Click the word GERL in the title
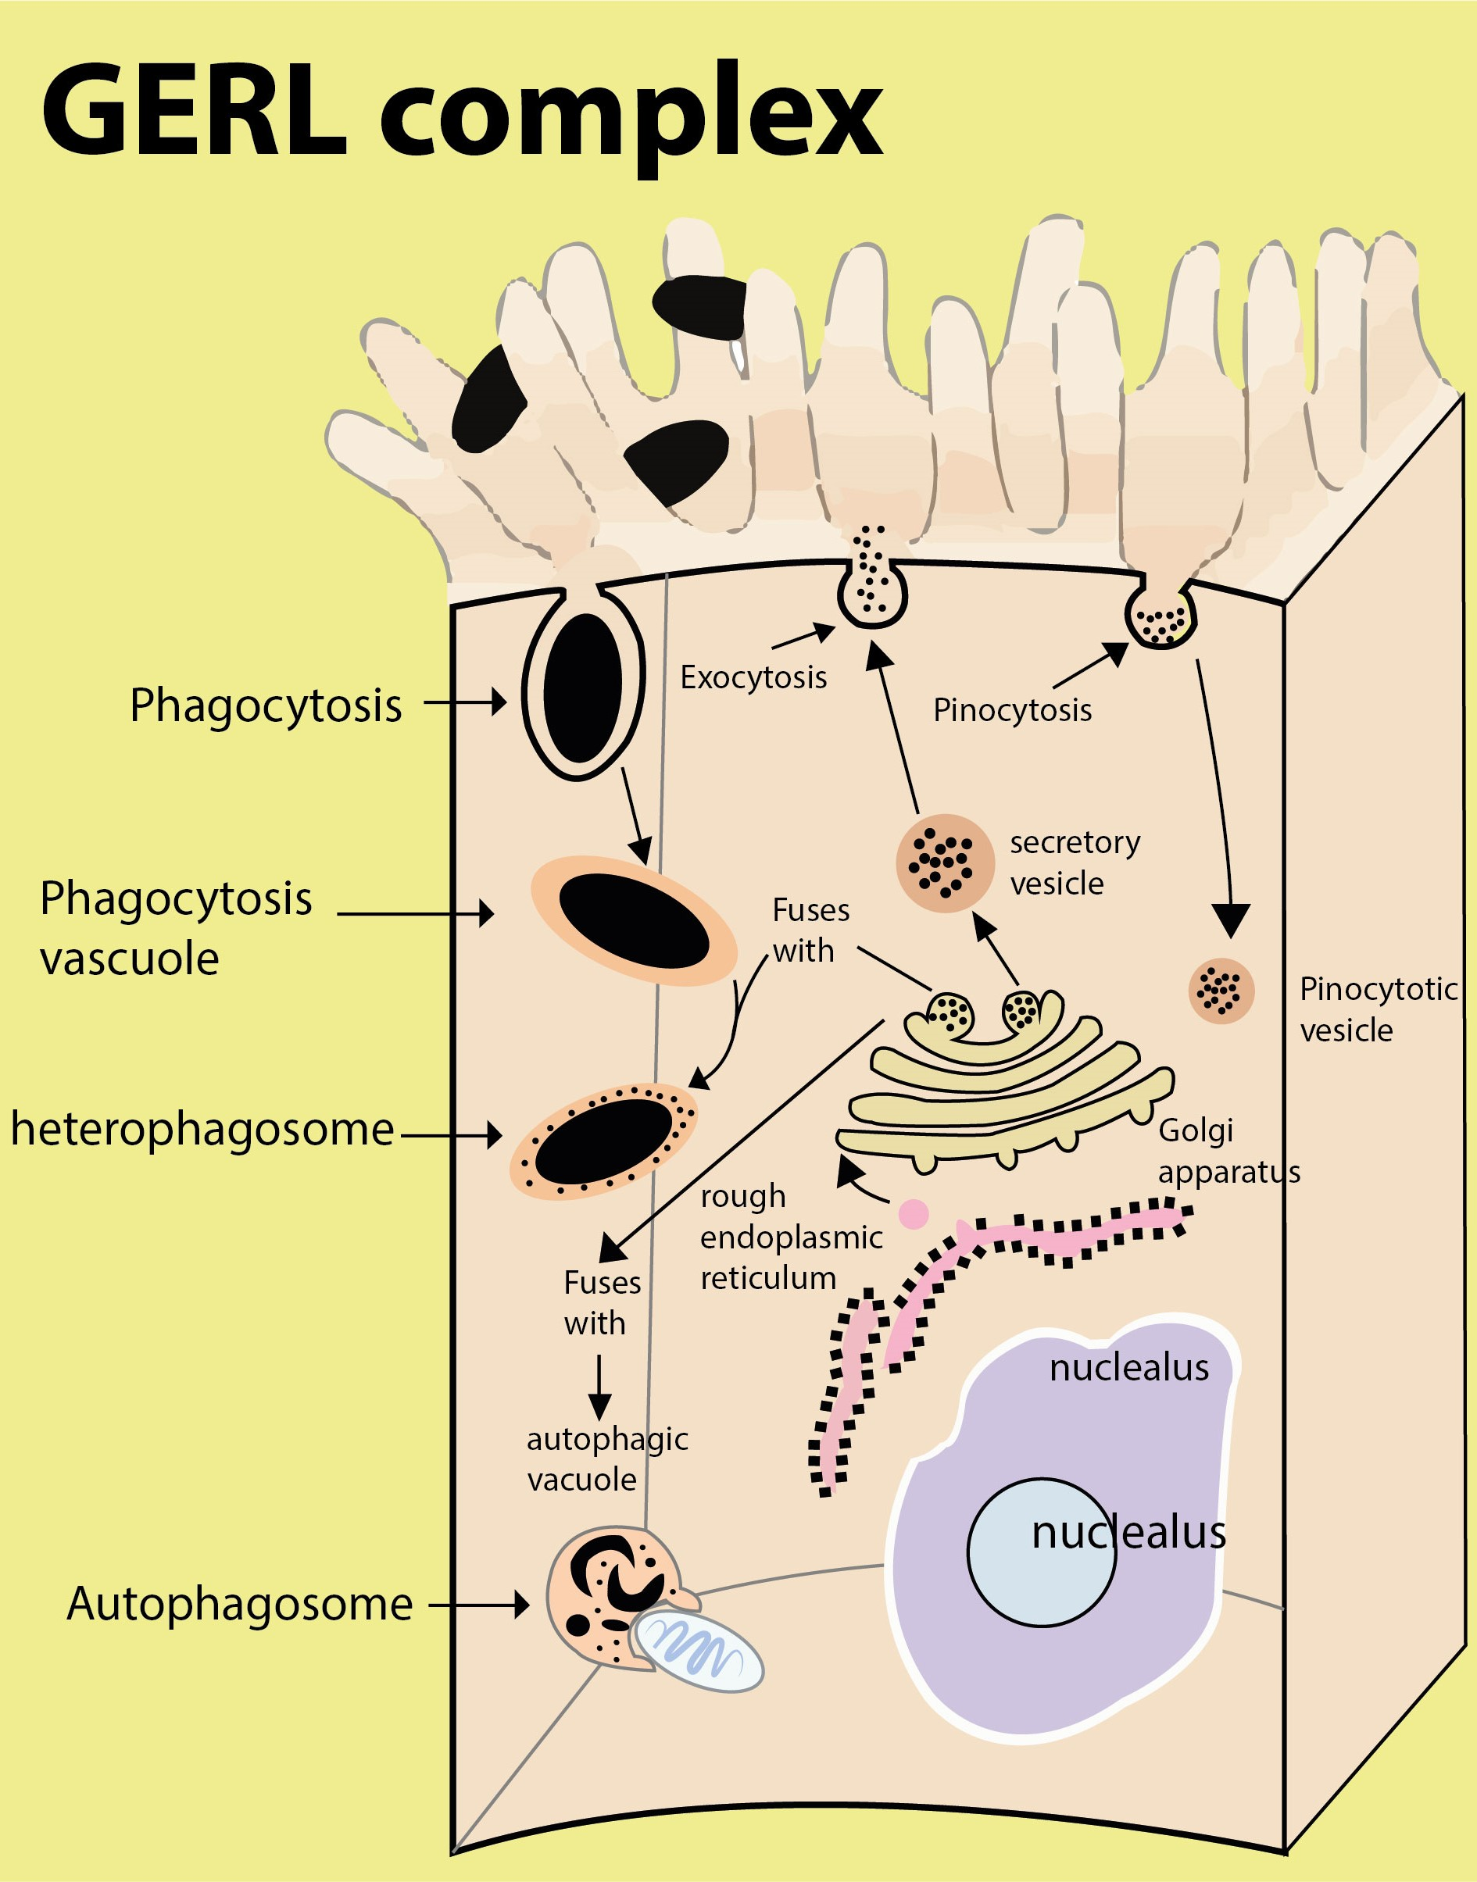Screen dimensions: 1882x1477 pyautogui.click(x=194, y=112)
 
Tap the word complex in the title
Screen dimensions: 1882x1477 pyautogui.click(x=631, y=116)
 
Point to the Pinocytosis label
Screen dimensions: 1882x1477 pyautogui.click(x=1012, y=711)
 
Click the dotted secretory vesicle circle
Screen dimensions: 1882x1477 pyautogui.click(x=943, y=862)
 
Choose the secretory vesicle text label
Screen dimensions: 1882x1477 pyautogui.click(x=1074, y=862)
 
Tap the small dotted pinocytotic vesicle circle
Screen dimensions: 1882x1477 pyautogui.click(x=1221, y=991)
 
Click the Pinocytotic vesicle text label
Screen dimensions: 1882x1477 pyautogui.click(x=1377, y=1009)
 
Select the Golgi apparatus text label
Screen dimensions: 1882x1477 pyautogui.click(x=1228, y=1151)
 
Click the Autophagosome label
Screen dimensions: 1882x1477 pyautogui.click(x=240, y=1605)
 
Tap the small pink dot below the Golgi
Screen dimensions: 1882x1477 pyautogui.click(x=914, y=1214)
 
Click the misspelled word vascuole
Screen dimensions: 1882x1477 pyautogui.click(x=130, y=959)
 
